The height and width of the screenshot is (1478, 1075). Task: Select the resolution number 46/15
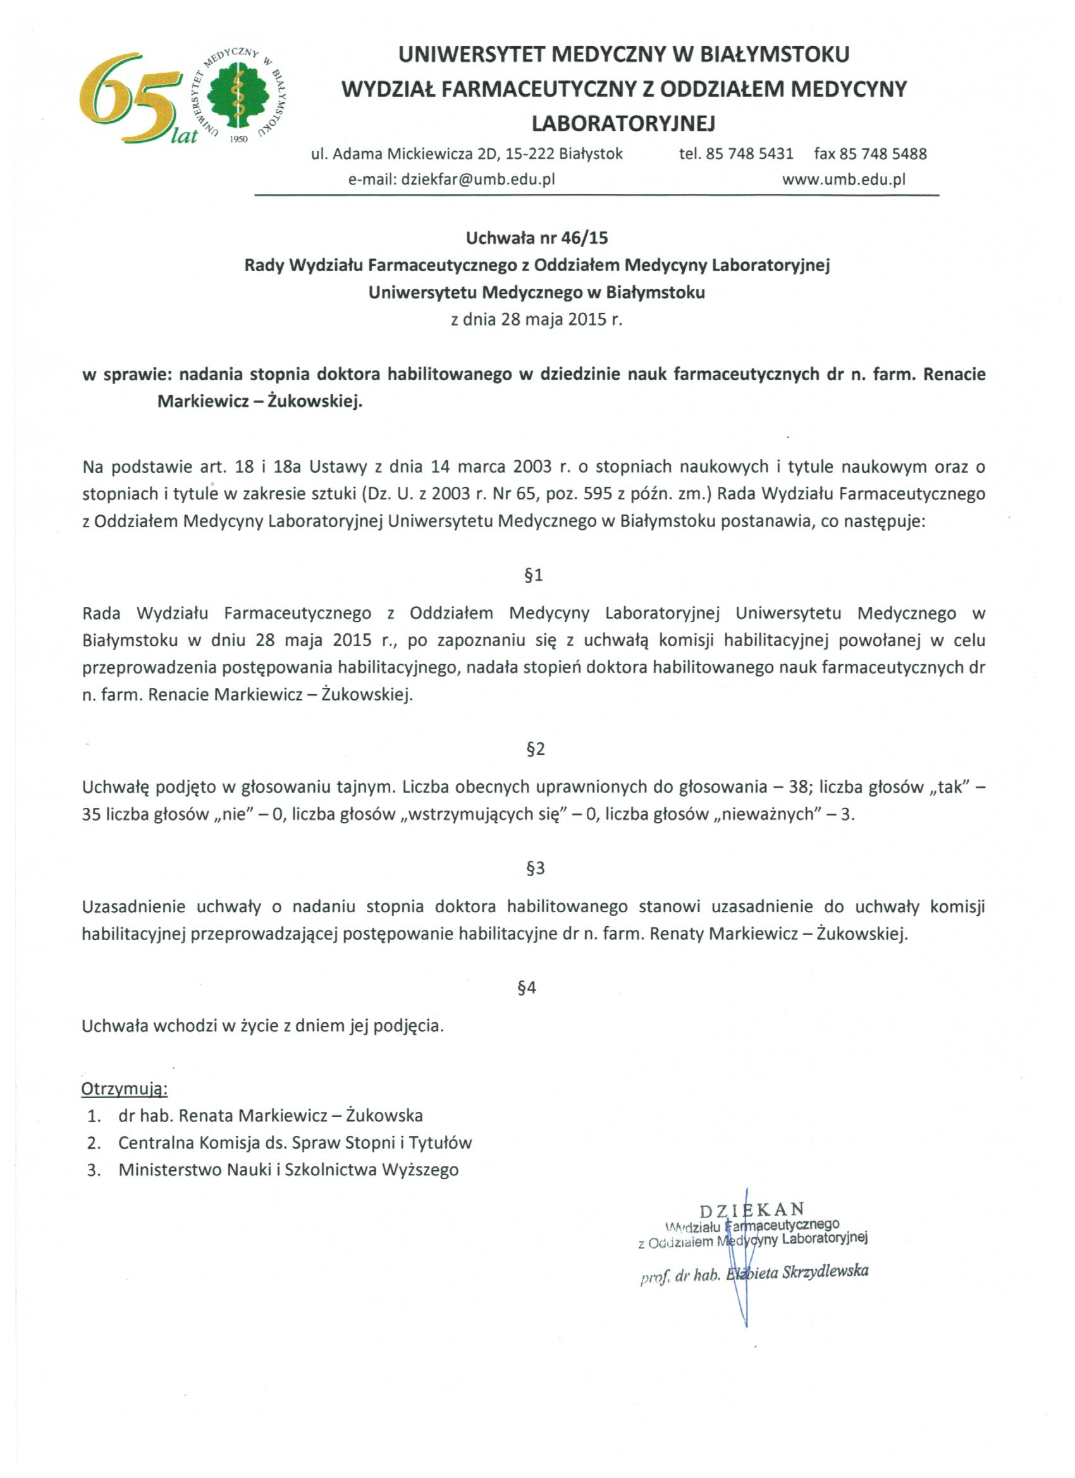click(584, 238)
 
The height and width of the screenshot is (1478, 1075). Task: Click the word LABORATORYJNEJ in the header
click(624, 123)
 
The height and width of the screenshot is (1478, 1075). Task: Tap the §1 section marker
click(534, 575)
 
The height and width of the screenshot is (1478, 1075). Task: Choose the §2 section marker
click(535, 748)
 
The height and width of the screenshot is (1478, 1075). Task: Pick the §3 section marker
click(535, 868)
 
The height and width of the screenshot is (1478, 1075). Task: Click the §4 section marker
click(527, 988)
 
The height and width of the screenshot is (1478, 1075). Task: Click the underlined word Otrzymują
click(124, 1089)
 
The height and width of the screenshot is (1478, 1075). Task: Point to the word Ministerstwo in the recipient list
click(170, 1170)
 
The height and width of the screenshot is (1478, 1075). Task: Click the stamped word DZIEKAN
click(752, 1210)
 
